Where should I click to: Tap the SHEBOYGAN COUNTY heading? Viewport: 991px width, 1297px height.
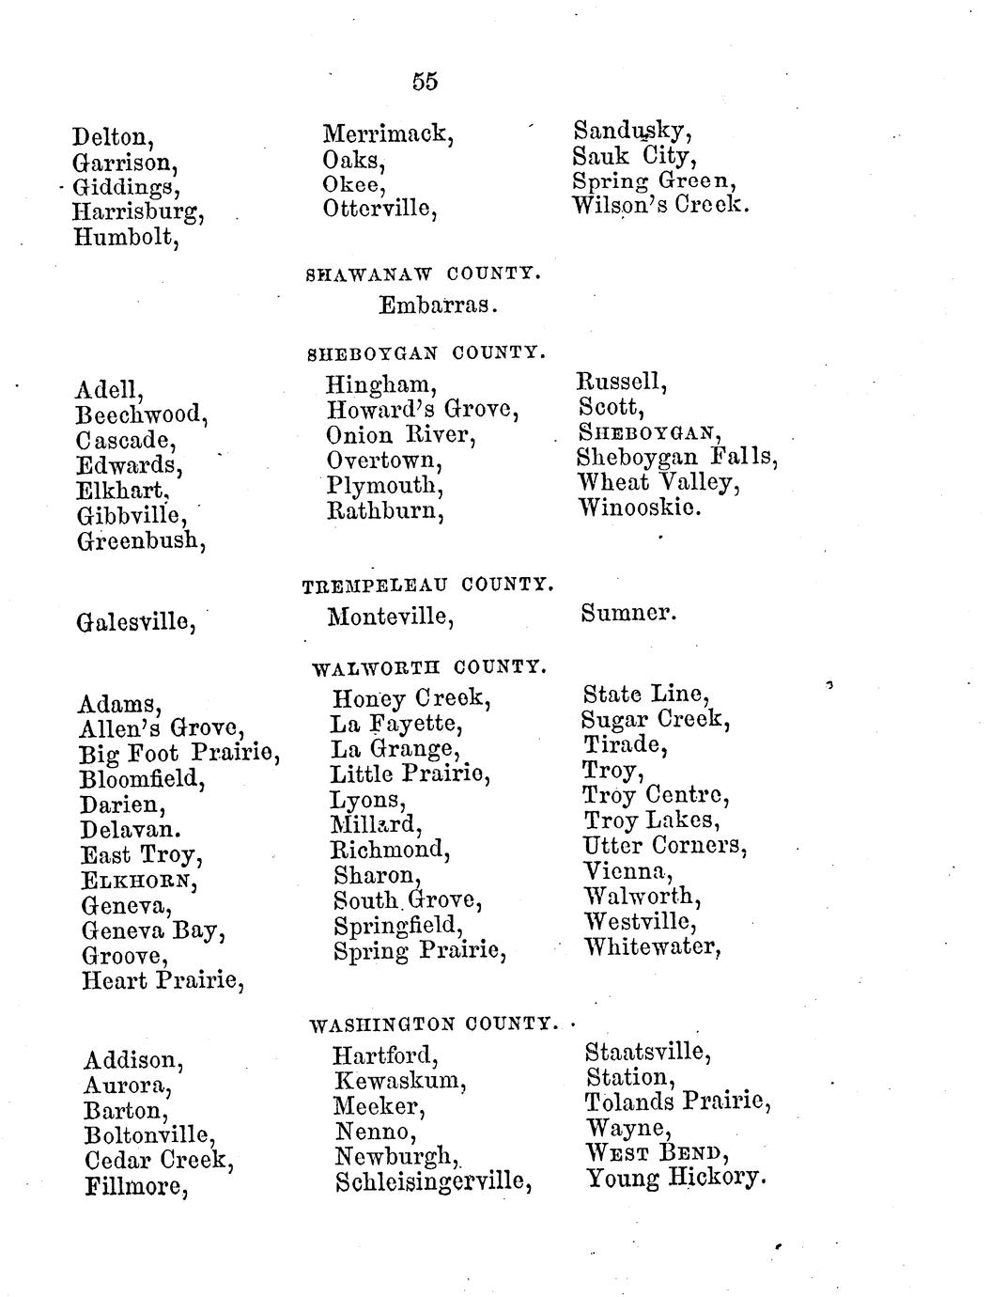coord(426,353)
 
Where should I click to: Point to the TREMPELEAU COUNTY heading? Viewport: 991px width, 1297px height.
coord(426,586)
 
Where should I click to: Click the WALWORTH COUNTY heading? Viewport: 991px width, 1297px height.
coord(428,667)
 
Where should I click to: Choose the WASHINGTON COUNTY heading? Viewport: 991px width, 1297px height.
coord(433,1023)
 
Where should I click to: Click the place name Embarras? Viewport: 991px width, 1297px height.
coord(438,305)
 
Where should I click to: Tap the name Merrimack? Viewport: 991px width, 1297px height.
coord(388,134)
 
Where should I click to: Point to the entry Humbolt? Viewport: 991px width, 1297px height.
coord(127,238)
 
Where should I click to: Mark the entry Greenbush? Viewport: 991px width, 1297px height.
coord(141,540)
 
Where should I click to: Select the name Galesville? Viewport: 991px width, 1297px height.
coord(135,621)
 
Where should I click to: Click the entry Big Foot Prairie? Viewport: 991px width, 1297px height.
coord(179,753)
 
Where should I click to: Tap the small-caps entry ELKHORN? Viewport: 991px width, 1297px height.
coord(139,882)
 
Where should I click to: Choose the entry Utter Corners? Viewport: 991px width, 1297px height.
coord(665,846)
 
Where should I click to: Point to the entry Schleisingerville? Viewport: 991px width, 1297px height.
coord(433,1180)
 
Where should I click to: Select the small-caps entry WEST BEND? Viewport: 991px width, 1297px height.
coord(658,1152)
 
